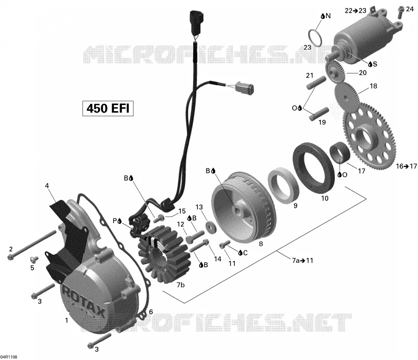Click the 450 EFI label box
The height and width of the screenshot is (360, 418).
point(108,109)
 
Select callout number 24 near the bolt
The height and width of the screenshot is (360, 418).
point(410,9)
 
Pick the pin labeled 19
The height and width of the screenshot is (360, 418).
point(319,114)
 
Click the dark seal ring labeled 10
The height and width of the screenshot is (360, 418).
point(313,168)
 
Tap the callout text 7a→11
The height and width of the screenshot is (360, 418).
point(302,260)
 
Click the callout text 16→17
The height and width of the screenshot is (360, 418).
point(406,166)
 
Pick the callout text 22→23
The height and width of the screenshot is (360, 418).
point(356,11)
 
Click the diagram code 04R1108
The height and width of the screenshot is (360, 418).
point(9,357)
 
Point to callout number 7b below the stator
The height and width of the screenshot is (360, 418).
point(180,285)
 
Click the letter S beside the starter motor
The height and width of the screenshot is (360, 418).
point(375,64)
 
